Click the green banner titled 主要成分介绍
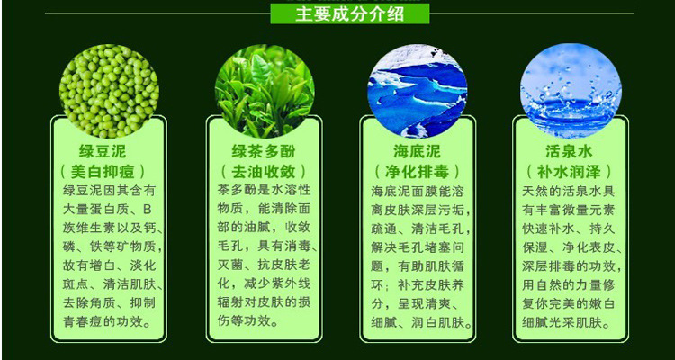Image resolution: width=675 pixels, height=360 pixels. click(x=349, y=13)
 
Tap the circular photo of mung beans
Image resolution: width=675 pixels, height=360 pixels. click(x=109, y=90)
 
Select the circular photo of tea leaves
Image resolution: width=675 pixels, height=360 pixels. click(x=265, y=91)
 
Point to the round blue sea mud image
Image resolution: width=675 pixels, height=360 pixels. click(x=417, y=91)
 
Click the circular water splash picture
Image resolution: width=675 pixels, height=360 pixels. click(x=571, y=91)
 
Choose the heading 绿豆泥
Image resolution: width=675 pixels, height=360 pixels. click(x=103, y=151)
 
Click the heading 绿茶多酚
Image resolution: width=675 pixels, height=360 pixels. click(x=264, y=151)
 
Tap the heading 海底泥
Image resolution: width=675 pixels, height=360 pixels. click(x=417, y=151)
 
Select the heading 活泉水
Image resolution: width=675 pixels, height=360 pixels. click(x=569, y=151)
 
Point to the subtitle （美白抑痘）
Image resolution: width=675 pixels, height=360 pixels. click(x=103, y=172)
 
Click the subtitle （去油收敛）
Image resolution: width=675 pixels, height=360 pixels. click(x=264, y=172)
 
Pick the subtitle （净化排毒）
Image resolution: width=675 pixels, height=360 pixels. click(x=417, y=172)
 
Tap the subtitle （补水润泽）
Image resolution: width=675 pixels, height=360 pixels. click(x=569, y=172)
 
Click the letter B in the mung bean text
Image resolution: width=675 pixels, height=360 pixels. click(x=148, y=211)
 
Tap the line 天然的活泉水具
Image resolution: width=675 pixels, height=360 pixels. click(x=568, y=191)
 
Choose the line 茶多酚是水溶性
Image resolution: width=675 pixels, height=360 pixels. click(x=265, y=190)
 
